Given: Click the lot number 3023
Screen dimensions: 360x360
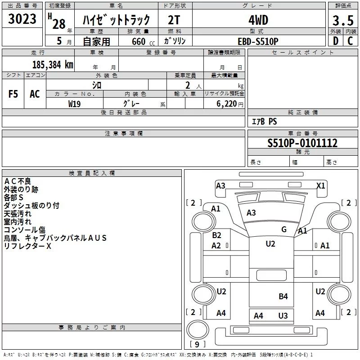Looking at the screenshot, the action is tap(22, 19).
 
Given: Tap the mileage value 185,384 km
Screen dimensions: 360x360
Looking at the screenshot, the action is tap(53, 65).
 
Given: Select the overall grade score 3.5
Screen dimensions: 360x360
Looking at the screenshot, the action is tap(343, 20).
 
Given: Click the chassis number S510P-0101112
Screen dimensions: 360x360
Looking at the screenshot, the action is tap(302, 143).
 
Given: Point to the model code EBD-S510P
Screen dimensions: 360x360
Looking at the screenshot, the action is tap(258, 41).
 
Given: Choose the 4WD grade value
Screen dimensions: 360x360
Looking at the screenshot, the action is tap(258, 20).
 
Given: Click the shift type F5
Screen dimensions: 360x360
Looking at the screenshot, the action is tap(13, 94).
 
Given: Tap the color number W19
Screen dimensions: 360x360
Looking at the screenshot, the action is tap(74, 104).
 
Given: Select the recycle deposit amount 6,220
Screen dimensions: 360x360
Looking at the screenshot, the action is tap(227, 104).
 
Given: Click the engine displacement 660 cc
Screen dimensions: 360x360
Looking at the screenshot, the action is tap(143, 42).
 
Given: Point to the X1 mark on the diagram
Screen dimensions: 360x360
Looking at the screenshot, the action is tap(321, 185).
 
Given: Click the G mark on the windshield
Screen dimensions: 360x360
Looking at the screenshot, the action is tap(284, 229).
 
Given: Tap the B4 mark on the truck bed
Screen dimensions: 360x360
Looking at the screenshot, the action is tap(283, 297).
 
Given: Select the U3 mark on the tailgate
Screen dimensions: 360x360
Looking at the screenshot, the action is tap(283, 316).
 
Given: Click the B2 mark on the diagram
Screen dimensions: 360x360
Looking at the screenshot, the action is tap(216, 235).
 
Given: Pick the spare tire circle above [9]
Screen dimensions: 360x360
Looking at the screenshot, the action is tap(198, 330).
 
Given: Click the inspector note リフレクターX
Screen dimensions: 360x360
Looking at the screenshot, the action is tap(27, 246).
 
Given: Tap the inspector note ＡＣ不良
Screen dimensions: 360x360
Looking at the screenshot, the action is tap(18, 181).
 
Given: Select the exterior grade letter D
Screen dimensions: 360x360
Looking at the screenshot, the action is tap(336, 41).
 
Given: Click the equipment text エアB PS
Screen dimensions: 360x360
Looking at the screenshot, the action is tap(264, 121).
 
